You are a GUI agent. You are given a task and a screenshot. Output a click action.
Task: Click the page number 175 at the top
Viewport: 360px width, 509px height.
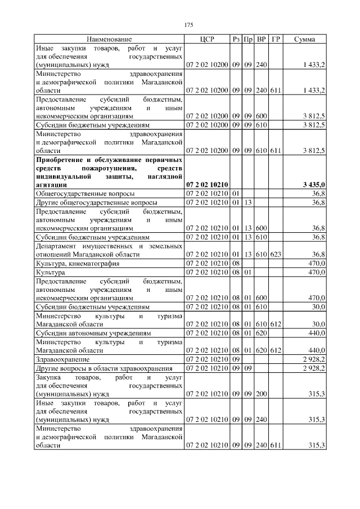click(x=188, y=25)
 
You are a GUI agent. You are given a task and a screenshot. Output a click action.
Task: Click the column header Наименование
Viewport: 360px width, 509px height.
click(x=109, y=39)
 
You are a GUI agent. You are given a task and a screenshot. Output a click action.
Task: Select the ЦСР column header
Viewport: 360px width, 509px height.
click(x=206, y=39)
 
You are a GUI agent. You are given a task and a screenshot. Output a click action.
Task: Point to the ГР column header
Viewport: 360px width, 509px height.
click(x=276, y=39)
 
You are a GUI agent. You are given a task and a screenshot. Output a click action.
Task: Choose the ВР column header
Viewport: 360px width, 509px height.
click(x=261, y=39)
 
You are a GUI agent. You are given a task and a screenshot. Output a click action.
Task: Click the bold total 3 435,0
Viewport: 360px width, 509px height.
click(x=313, y=184)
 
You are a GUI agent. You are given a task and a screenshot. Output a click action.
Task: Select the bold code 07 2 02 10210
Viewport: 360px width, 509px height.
click(x=206, y=184)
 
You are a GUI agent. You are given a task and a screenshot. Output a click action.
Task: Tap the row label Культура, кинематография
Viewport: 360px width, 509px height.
click(x=71, y=263)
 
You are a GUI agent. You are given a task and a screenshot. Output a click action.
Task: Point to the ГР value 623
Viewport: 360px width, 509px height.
click(x=275, y=255)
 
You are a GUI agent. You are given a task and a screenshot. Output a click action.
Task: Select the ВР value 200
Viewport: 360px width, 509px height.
click(x=261, y=394)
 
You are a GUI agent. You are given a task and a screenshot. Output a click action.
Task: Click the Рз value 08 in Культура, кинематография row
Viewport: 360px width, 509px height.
click(x=236, y=263)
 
